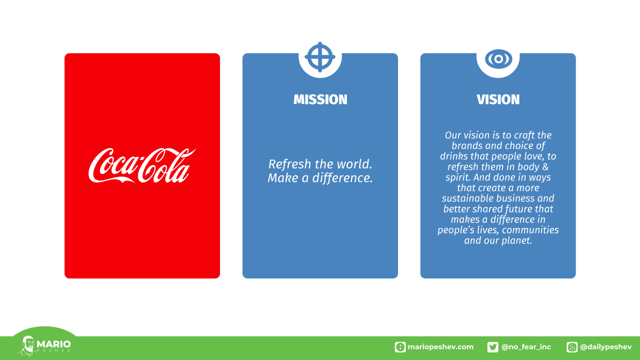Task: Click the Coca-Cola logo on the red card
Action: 142,165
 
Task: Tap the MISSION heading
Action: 320,99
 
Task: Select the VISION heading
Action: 498,99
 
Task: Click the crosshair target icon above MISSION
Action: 320,57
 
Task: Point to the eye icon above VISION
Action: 498,59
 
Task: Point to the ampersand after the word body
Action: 545,167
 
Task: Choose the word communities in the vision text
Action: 530,230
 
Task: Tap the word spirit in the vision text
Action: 458,177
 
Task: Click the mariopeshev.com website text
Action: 440,347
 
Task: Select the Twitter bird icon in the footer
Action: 492,347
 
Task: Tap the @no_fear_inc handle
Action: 526,347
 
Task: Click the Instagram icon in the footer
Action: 571,347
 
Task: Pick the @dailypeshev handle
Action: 605,347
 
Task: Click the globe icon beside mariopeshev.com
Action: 400,347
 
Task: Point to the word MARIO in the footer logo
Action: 53,343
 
